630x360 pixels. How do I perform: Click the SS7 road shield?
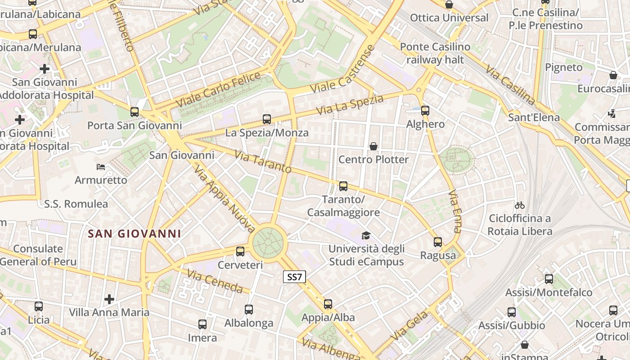pos(294,277)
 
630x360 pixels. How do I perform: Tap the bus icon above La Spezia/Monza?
pos(267,119)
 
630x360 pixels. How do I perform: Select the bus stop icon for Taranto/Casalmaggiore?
pos(343,186)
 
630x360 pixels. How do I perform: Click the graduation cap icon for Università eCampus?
pos(366,236)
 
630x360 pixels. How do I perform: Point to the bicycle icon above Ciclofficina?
pos(520,205)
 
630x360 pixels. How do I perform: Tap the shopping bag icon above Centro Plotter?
pos(373,146)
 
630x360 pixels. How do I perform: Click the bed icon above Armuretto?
pos(101,167)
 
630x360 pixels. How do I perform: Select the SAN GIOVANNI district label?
pos(135,234)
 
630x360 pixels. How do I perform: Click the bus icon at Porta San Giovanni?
pos(135,112)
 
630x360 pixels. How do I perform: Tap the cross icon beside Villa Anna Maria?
pos(109,299)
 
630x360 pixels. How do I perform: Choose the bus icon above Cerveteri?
pos(240,252)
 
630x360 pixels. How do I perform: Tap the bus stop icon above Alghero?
pos(425,110)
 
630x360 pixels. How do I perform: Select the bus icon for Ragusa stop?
pos(438,242)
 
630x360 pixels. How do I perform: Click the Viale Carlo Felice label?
pos(218,89)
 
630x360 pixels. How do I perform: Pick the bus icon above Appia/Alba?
pos(328,304)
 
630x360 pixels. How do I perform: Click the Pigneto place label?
pos(564,67)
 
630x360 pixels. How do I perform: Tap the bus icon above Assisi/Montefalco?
pos(549,279)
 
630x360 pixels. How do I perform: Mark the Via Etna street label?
pos(454,211)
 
